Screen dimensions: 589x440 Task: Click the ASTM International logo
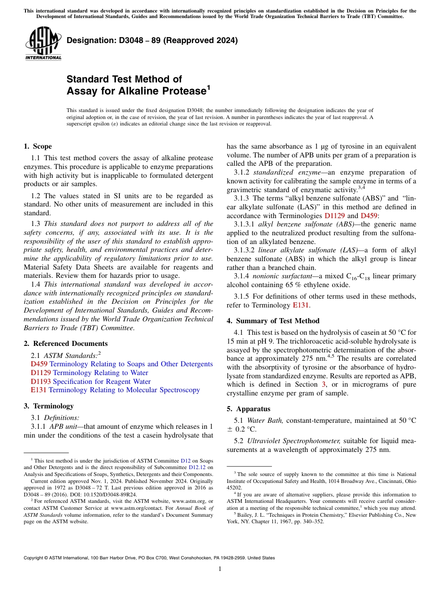[x=43, y=44]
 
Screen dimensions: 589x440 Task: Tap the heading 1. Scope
[x=38, y=146]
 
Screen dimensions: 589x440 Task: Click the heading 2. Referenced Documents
[x=65, y=344]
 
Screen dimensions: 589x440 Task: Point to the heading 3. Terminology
[x=49, y=406]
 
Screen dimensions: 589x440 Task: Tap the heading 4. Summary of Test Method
[x=273, y=321]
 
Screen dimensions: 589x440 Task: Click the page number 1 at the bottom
[x=220, y=569]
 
